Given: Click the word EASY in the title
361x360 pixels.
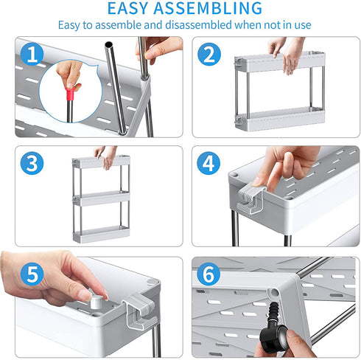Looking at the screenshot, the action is [x=127, y=8].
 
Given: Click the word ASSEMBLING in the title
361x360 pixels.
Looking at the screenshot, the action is [x=208, y=8].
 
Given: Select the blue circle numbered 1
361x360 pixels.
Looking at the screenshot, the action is [x=32, y=54].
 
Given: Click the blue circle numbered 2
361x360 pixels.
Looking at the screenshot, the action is [x=209, y=54].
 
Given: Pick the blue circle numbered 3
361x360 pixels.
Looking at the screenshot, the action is [x=32, y=163].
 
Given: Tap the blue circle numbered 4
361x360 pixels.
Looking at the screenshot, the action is [x=209, y=163].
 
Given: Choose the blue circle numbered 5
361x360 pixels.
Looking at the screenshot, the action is [x=32, y=274].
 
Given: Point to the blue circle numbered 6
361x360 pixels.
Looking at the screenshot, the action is [x=209, y=274].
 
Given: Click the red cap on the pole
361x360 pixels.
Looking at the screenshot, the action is [x=71, y=94].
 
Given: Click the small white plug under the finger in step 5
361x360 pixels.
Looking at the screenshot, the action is [x=96, y=302].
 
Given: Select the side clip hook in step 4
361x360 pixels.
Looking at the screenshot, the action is [x=251, y=198].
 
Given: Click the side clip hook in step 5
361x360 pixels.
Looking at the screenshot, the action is [x=140, y=311].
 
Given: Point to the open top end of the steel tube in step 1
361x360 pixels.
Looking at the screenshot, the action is [x=108, y=45].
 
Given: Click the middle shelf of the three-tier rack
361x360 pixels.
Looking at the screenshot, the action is [x=101, y=198].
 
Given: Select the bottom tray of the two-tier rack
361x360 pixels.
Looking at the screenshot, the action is [x=280, y=120].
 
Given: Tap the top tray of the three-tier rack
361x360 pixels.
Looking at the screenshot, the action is [x=101, y=161].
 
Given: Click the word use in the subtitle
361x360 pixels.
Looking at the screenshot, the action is [x=303, y=25].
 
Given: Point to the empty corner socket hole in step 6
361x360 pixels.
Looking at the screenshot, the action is [x=274, y=292].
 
